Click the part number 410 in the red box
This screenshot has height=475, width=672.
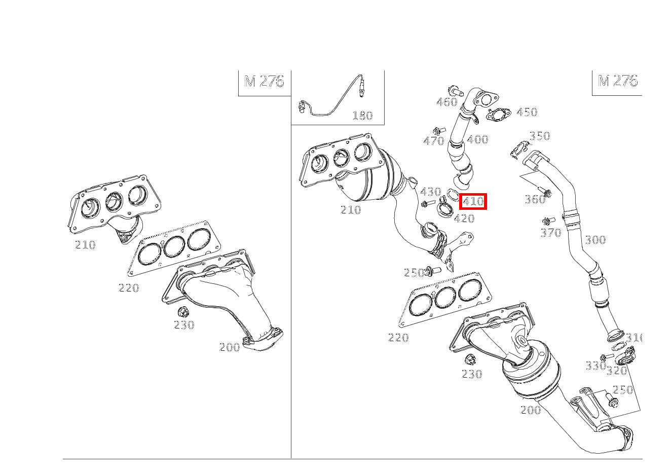(x=473, y=202)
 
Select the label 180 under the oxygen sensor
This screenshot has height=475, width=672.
(x=362, y=116)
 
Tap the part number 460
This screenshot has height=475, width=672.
(x=446, y=102)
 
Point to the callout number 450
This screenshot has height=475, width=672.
(x=527, y=112)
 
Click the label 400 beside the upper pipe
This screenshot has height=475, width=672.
(x=477, y=139)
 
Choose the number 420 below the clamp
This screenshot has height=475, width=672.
(x=464, y=218)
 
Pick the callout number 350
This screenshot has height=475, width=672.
(x=539, y=136)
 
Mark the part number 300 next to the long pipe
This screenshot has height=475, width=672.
(x=595, y=240)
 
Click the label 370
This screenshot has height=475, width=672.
(x=551, y=233)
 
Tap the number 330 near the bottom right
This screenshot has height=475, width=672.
(x=595, y=366)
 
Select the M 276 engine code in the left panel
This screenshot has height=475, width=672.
(x=264, y=81)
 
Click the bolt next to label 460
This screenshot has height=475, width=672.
(x=457, y=92)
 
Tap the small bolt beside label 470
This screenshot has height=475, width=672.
(x=436, y=131)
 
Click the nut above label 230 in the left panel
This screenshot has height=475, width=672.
(x=183, y=311)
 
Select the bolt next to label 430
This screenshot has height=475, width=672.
(x=427, y=204)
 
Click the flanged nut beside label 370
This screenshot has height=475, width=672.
(x=547, y=221)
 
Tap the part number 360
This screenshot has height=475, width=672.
(x=535, y=199)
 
